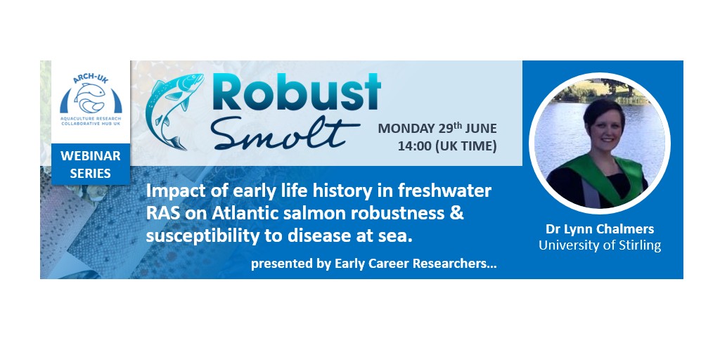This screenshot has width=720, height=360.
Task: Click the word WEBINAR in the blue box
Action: click(x=91, y=155)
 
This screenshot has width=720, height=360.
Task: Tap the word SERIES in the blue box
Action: click(x=91, y=172)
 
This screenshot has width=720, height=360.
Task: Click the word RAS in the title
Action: click(x=161, y=213)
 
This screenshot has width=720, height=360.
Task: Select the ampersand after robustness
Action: click(x=456, y=213)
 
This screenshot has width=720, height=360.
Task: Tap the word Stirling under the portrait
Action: click(x=638, y=245)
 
